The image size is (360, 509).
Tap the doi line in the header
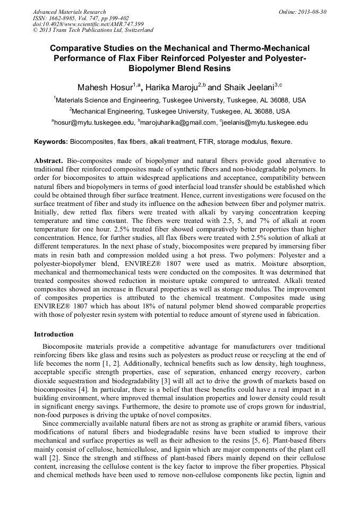tap(88, 24)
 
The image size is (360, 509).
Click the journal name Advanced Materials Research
tap(70, 12)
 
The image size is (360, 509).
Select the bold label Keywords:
tap(51, 142)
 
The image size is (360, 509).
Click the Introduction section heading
tap(54, 334)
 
